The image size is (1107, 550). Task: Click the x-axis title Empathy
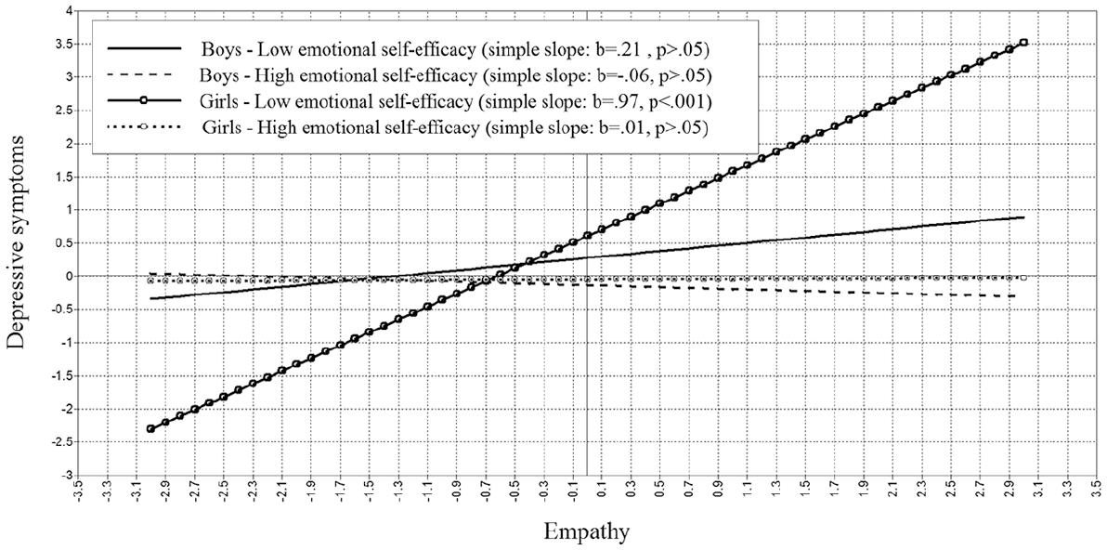[587, 530]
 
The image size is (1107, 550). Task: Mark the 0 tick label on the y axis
[71, 276]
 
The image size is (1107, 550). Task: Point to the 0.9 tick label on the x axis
[718, 491]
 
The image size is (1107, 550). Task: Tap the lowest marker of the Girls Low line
[150, 428]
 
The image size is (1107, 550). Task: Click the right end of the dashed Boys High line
[1015, 295]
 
